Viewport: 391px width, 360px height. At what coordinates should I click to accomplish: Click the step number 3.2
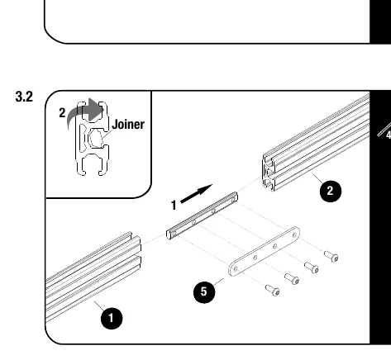pos(24,97)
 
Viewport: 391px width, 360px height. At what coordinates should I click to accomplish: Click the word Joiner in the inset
pos(128,125)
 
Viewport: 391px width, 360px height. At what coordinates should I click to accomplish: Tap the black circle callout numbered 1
pos(112,318)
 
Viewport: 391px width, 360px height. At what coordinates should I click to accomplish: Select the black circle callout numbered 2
pos(331,191)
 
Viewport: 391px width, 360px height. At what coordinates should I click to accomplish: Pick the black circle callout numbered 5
pos(204,291)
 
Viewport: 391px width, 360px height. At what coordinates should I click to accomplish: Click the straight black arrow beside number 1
pos(196,194)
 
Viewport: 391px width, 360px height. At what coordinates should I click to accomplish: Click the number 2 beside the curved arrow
pos(62,113)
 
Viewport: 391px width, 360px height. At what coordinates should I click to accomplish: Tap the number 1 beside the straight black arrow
pos(174,206)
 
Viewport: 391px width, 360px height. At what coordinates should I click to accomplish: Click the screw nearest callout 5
pos(273,290)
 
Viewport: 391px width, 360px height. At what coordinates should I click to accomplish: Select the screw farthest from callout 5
pos(331,257)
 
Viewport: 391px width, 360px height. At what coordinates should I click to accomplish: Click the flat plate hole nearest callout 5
pos(236,269)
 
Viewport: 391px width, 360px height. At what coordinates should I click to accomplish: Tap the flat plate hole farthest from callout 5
pos(294,235)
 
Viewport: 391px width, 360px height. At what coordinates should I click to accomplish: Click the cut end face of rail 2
pos(269,173)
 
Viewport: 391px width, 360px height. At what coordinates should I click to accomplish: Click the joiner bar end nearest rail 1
pos(171,234)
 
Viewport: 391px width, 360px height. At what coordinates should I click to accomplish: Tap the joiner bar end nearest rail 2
pos(233,197)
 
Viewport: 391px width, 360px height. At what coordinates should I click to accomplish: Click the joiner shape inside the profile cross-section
pos(96,138)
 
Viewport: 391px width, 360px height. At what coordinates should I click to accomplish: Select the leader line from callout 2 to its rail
pos(318,179)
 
